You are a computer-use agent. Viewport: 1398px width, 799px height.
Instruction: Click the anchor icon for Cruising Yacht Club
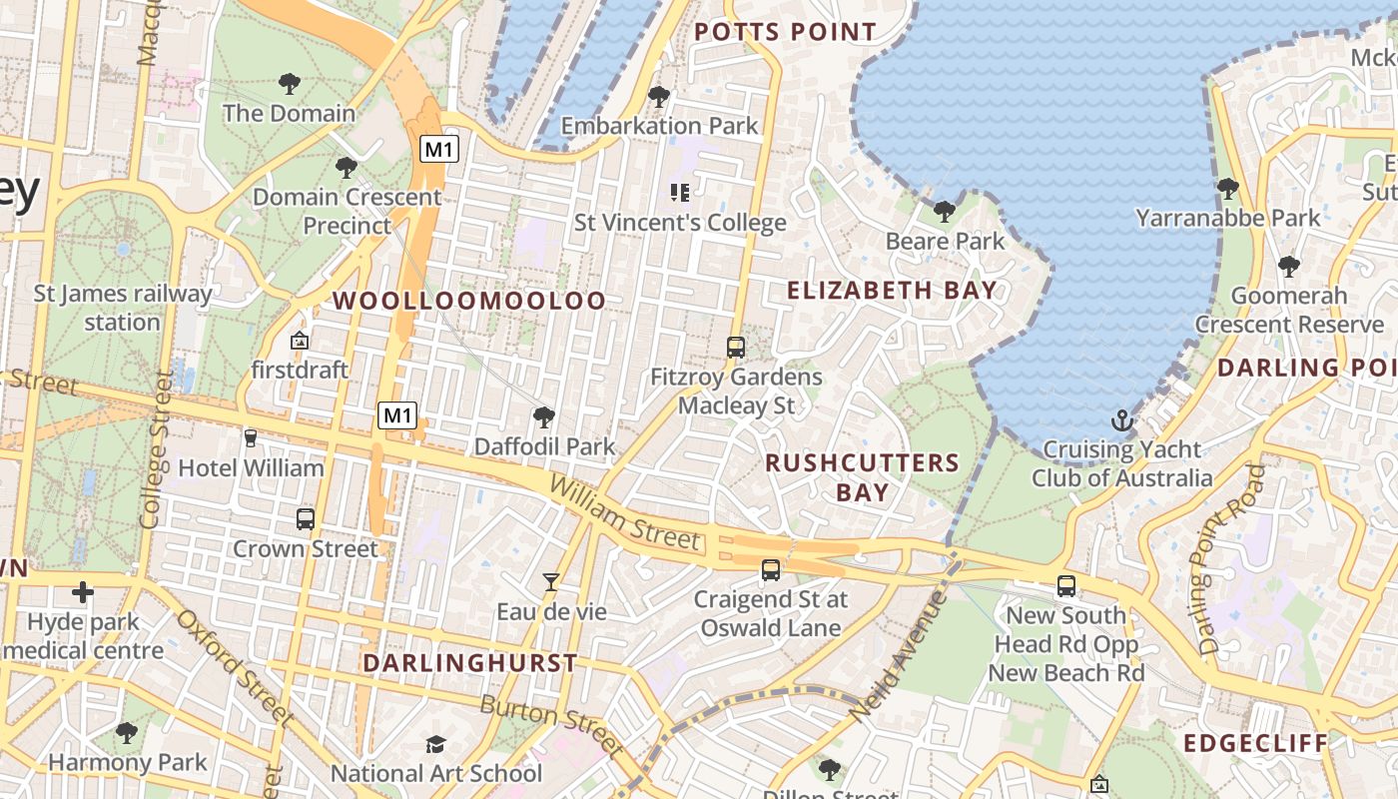pos(1122,419)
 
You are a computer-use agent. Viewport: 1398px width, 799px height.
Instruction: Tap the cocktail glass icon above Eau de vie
pos(550,581)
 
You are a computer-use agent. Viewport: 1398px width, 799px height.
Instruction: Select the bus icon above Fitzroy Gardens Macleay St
pos(736,348)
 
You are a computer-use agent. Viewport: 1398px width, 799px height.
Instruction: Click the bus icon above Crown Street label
pos(306,519)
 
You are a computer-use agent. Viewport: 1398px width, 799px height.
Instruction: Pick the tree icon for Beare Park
pos(944,212)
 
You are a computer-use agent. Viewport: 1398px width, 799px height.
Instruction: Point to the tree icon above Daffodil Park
pos(544,416)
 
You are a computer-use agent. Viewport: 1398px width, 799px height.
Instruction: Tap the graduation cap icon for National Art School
pos(435,744)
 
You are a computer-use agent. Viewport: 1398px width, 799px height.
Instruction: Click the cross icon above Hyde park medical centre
pos(83,593)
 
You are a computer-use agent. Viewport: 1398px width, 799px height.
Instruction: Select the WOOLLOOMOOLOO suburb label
pos(469,301)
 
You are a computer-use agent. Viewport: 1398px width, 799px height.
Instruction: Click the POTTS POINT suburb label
pos(785,32)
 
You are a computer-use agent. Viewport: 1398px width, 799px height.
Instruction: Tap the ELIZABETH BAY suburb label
pos(892,291)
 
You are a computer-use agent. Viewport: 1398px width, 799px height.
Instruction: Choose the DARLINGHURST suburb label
pos(469,663)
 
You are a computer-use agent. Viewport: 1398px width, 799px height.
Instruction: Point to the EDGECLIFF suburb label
pos(1255,743)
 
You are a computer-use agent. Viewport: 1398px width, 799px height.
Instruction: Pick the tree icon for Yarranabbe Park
pos(1227,188)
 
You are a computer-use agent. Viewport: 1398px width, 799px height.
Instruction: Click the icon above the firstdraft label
pos(299,342)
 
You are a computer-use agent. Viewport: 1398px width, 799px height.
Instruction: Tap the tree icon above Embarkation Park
pos(658,97)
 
